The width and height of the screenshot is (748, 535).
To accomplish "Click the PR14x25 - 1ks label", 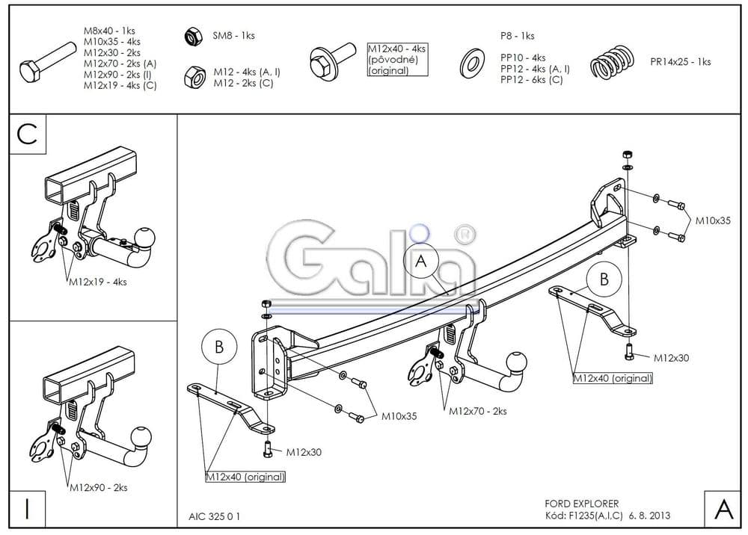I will (x=681, y=62).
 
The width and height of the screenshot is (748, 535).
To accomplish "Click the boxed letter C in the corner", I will (x=27, y=134).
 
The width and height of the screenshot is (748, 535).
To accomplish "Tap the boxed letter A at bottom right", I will (x=723, y=509).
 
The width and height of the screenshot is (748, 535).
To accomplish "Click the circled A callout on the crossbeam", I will (x=420, y=262).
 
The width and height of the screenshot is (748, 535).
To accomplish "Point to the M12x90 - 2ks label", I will (x=99, y=488).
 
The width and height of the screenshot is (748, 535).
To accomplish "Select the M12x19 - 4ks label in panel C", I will (x=98, y=282).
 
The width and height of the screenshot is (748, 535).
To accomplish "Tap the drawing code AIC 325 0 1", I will (x=215, y=516).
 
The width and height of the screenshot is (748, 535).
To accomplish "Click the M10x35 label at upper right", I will (x=713, y=220).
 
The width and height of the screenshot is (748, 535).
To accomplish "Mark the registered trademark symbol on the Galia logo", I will (x=466, y=233).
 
